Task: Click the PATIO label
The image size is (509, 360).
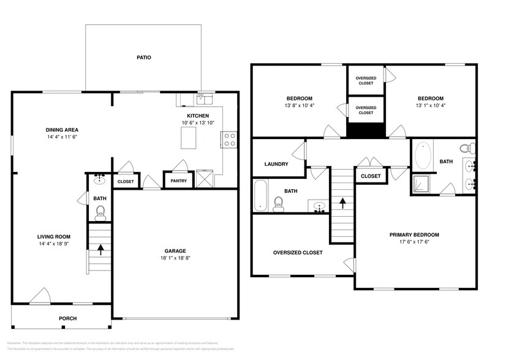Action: (143, 58)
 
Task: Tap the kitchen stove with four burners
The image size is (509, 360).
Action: (230, 140)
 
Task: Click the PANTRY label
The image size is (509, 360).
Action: (178, 181)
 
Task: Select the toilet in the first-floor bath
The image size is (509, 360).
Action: (100, 212)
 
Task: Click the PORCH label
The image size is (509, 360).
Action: (67, 318)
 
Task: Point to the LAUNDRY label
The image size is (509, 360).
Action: (276, 164)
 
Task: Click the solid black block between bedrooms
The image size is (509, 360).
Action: (366, 130)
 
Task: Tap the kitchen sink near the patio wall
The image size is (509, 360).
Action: (203, 99)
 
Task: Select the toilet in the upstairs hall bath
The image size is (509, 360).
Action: (278, 203)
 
